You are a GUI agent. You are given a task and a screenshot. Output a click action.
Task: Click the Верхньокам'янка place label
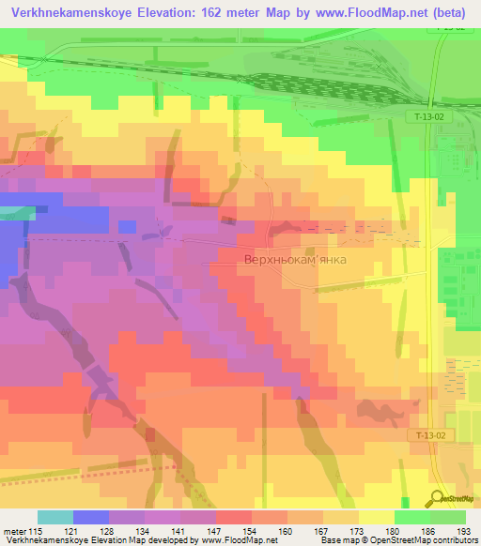coord(294,259)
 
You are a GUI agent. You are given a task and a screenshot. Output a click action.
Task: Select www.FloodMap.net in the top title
coord(365,14)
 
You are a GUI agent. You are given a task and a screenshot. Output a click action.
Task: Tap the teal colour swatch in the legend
coord(54,517)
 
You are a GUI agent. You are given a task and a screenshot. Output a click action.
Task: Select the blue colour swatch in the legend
coord(90,517)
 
